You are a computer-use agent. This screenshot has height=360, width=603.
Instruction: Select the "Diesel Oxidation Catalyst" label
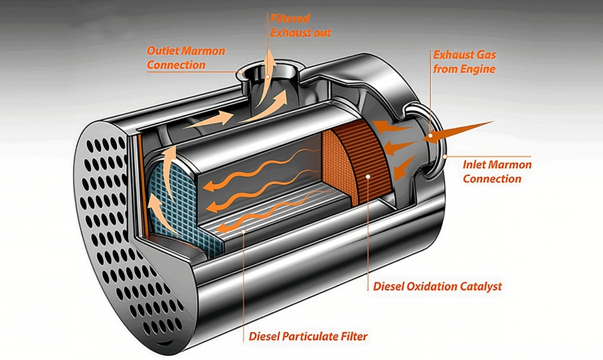[x=437, y=287]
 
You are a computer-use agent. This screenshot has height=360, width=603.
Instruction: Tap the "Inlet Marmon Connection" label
[x=497, y=172]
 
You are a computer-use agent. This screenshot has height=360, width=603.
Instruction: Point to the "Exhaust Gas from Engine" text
[x=464, y=62]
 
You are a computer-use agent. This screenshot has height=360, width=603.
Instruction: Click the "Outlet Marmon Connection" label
[x=186, y=58]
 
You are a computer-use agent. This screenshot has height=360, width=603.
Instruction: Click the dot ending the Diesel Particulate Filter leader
[x=245, y=230]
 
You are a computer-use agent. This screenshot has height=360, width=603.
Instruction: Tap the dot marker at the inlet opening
[x=431, y=137]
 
